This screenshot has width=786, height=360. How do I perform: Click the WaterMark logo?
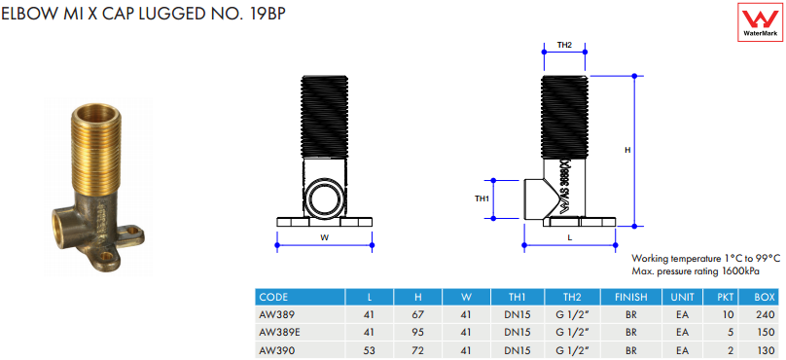(x=761, y=21)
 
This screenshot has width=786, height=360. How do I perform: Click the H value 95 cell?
(x=418, y=332)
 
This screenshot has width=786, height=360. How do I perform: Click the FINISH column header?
(x=631, y=298)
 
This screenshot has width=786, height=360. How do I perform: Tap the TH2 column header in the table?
(x=572, y=298)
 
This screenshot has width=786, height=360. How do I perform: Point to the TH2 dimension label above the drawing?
(x=564, y=45)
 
